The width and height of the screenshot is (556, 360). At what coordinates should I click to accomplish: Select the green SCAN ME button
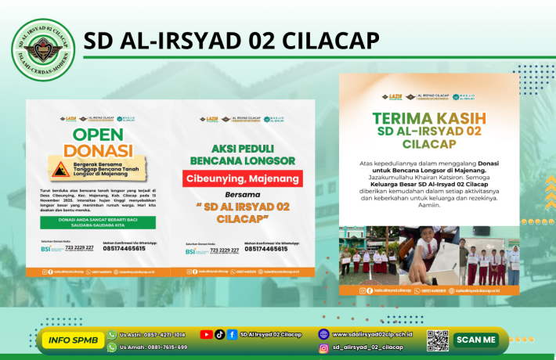tap(476, 340)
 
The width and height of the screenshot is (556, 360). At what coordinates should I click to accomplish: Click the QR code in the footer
tap(437, 340)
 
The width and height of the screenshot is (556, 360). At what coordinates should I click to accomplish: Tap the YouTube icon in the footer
tap(206, 334)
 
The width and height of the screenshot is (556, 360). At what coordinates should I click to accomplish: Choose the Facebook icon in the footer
tap(233, 334)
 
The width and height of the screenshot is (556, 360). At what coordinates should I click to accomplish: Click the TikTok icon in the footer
tap(220, 334)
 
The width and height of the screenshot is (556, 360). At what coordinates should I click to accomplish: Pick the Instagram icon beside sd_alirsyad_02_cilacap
tap(323, 347)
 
